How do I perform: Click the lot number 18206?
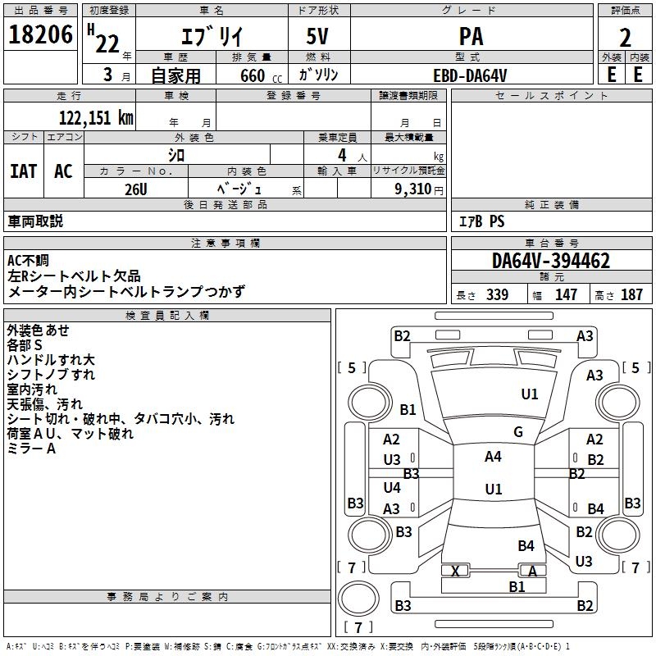coord(40,34)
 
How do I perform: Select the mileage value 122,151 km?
coord(96,118)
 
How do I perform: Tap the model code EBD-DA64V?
coord(470,75)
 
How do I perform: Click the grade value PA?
coord(471,36)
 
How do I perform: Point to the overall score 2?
coord(625,38)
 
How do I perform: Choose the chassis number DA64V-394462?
coord(551,261)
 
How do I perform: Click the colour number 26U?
coord(135,189)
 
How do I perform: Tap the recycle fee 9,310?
coord(412,189)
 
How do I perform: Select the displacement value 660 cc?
coord(261,76)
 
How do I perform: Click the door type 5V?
coord(317,36)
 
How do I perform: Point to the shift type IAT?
coord(24,171)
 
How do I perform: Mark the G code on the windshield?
coord(518,431)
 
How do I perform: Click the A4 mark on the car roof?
coord(493,457)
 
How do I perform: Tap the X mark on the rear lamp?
coord(456,571)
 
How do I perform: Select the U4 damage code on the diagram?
coord(392,487)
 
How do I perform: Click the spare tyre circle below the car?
coord(358,599)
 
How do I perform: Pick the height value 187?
coord(631,294)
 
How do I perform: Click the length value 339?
coord(497,294)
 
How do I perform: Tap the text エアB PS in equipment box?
coord(481,221)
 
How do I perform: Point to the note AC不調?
coord(28,261)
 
